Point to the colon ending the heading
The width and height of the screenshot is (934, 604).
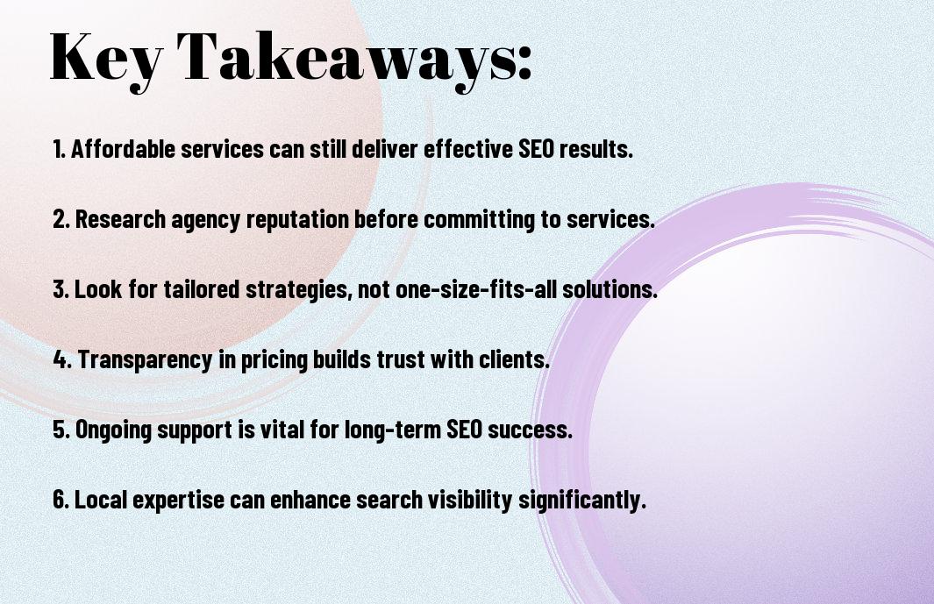pyautogui.click(x=524, y=63)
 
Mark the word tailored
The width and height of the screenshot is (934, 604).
pyautogui.click(x=202, y=289)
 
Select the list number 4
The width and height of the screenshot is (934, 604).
pyautogui.click(x=61, y=359)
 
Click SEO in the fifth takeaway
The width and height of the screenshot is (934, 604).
pyautogui.click(x=464, y=430)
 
